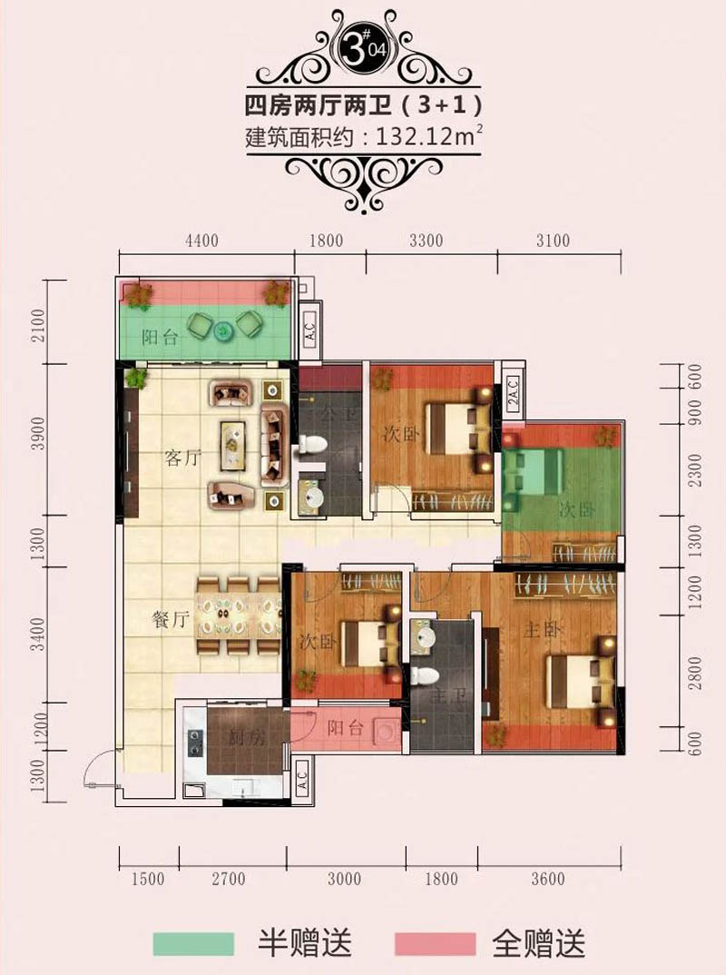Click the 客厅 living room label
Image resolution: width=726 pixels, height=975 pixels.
point(181,458)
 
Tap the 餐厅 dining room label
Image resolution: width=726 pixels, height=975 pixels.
point(170,620)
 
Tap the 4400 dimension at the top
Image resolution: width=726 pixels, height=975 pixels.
point(201,241)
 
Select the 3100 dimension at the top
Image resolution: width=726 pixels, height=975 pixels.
point(553,241)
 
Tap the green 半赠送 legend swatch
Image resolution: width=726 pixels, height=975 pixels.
point(194,942)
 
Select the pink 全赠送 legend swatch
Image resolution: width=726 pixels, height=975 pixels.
point(436,942)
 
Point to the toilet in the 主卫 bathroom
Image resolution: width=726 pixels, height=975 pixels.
point(422,675)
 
